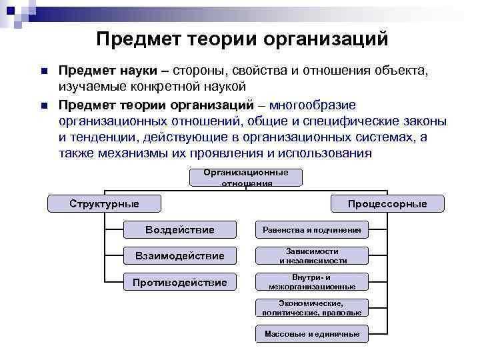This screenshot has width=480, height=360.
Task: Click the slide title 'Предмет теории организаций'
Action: [x=241, y=39]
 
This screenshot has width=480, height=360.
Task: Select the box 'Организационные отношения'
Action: [x=246, y=177]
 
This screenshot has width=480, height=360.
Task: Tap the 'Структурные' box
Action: [x=104, y=203]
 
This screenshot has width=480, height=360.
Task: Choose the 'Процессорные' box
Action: [x=387, y=203]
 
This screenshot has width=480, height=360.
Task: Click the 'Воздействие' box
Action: [x=179, y=230]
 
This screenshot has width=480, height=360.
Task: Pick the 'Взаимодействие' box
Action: [x=179, y=256]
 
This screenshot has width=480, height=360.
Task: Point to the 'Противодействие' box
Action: [x=179, y=283]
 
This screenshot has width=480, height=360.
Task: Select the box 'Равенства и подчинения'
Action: [x=311, y=230]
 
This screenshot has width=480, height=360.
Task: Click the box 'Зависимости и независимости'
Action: [x=311, y=256]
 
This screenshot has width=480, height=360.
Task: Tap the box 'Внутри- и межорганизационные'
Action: [x=311, y=282]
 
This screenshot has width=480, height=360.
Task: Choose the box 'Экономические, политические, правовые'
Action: [x=311, y=307]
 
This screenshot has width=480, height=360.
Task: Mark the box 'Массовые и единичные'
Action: [x=311, y=334]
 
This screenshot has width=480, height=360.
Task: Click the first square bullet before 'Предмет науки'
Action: [x=43, y=71]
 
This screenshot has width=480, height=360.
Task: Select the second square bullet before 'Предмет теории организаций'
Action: [x=43, y=105]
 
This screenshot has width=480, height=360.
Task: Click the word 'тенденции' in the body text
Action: [x=104, y=137]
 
